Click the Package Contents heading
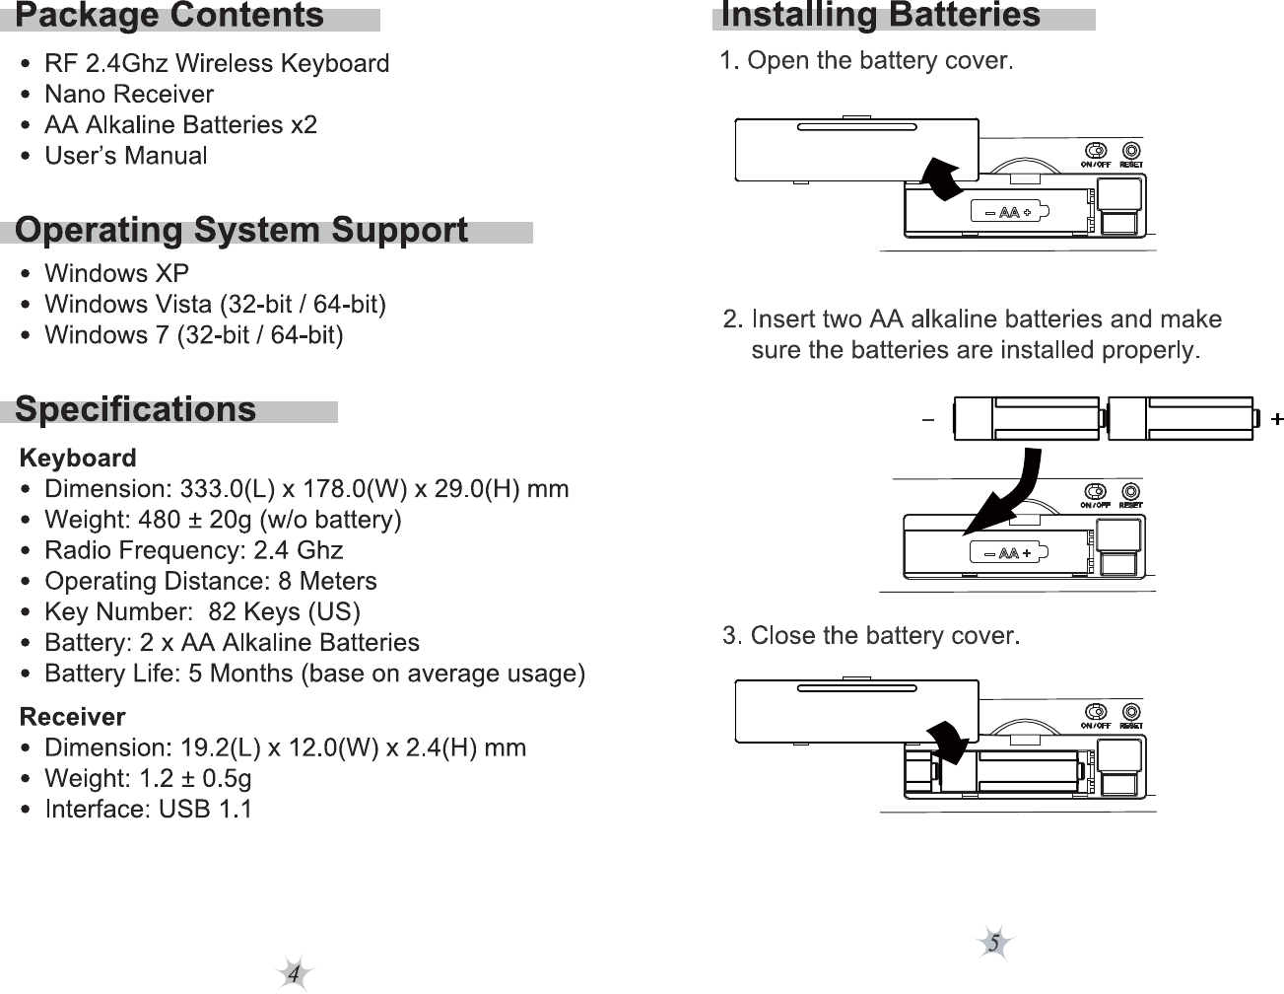coord(169,16)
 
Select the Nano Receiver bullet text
coord(129,95)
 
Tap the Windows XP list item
coord(116,273)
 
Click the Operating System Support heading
coord(241,230)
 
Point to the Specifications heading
coord(136,409)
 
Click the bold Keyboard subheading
coord(78,458)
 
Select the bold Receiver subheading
coord(73,716)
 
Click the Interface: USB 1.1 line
coord(148,810)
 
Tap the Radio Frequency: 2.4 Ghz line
coord(193,550)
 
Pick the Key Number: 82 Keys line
coord(202,612)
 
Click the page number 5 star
coord(994,944)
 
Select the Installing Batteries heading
coord(880,16)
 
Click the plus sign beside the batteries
coord(1276,420)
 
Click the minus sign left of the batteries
coord(927,421)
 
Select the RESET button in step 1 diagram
coord(1131,151)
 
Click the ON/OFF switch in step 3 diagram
coord(1095,712)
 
